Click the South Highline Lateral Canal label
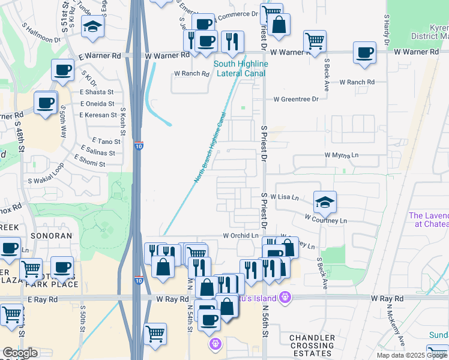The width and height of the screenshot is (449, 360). pyautogui.click(x=241, y=68)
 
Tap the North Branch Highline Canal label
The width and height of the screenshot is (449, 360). pyautogui.click(x=211, y=148)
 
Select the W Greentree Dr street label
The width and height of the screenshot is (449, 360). pyautogui.click(x=296, y=100)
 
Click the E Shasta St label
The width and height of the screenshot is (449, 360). pyautogui.click(x=97, y=92)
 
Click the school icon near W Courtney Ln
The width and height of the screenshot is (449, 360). pyautogui.click(x=325, y=203)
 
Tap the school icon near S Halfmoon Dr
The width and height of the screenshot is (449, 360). pyautogui.click(x=93, y=27)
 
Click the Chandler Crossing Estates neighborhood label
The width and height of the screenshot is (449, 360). pyautogui.click(x=312, y=346)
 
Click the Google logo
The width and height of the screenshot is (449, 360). pyautogui.click(x=19, y=353)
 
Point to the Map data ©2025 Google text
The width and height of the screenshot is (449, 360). pyautogui.click(x=412, y=355)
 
